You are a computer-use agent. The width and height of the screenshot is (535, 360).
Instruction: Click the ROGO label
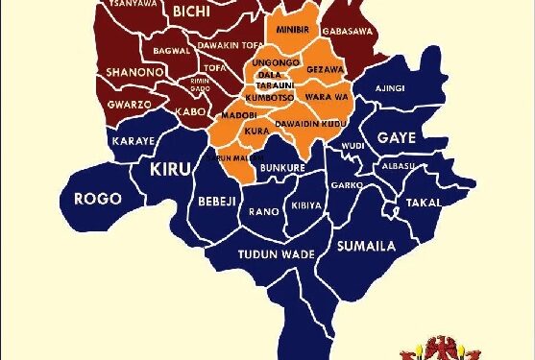pyautogui.click(x=98, y=199)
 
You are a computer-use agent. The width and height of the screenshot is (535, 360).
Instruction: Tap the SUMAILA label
pyautogui.click(x=366, y=246)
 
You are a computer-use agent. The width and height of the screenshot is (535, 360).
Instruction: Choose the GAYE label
pyautogui.click(x=396, y=137)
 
